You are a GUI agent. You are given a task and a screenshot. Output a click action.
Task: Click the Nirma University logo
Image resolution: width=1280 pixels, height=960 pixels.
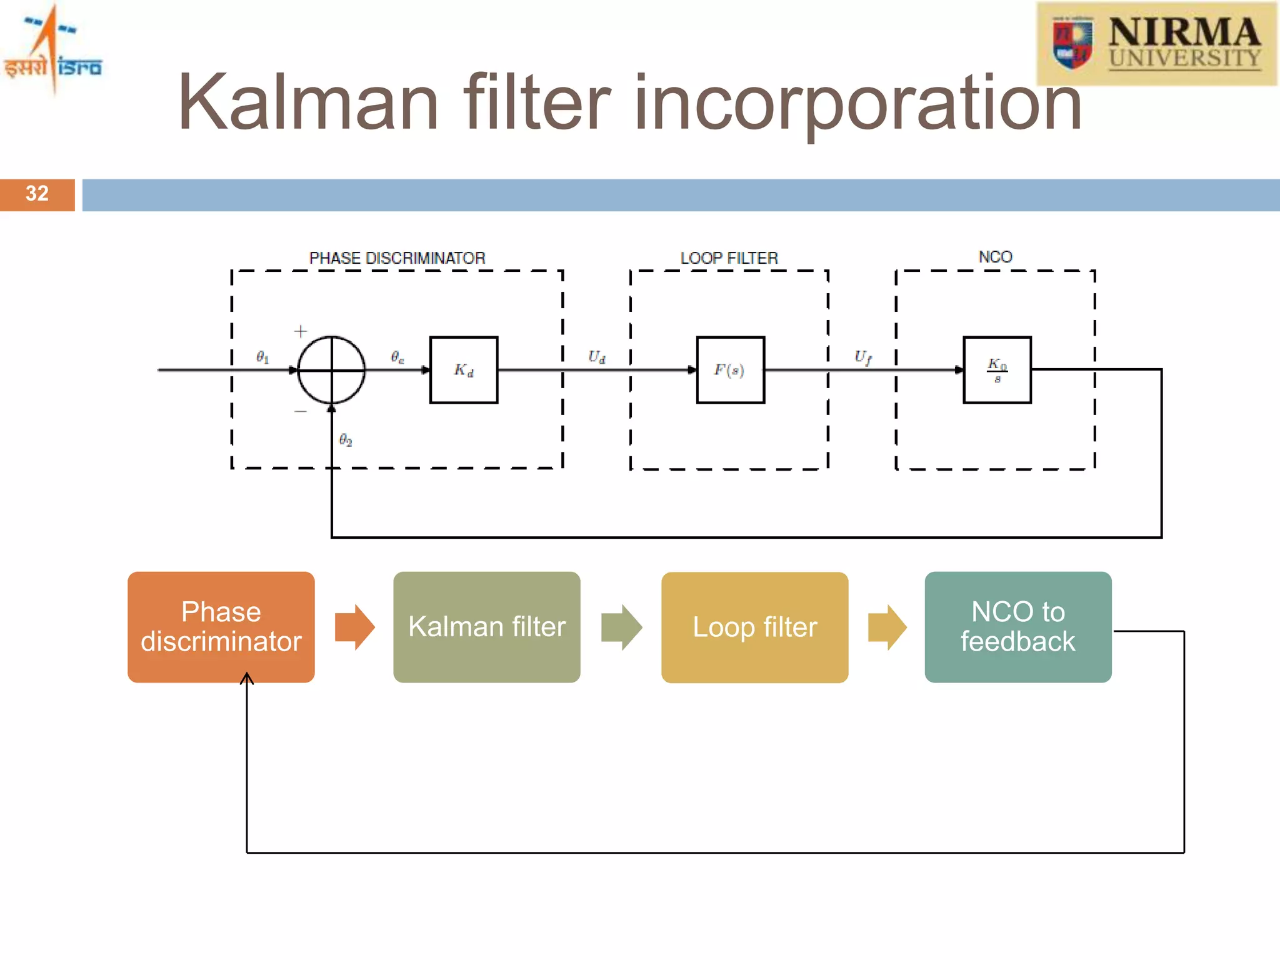coord(1156,44)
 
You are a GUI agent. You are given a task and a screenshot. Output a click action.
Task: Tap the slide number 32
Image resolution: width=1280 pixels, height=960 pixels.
coord(37,194)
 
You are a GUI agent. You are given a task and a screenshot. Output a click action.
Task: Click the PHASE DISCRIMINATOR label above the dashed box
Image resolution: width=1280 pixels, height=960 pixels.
coord(397,258)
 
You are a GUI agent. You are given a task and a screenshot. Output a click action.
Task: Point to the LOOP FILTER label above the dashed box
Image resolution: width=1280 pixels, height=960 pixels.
coord(729,258)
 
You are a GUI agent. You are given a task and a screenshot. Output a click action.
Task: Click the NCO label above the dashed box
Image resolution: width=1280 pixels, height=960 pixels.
coord(995,257)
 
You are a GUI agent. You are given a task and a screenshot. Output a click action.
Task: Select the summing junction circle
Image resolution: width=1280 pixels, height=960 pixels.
coord(331,370)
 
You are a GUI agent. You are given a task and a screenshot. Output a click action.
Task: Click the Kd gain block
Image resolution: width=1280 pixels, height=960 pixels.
coord(464,370)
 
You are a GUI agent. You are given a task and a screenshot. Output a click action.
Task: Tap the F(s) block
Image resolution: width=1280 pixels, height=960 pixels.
coord(730,370)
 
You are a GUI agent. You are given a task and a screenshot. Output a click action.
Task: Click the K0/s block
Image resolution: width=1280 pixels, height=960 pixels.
coord(997,370)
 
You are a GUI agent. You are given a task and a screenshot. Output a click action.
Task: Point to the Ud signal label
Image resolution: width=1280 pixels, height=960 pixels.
coord(596,357)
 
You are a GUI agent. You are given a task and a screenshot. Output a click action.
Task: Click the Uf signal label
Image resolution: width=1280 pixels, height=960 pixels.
coord(862,357)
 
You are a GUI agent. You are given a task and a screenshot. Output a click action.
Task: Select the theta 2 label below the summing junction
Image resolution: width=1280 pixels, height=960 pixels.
coord(346,440)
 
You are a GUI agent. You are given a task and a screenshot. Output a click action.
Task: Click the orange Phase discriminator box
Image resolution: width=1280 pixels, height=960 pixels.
coord(221,627)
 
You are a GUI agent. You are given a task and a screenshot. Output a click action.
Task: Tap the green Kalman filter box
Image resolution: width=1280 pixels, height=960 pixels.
coord(486,627)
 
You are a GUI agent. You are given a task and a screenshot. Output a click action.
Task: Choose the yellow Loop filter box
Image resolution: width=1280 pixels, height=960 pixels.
coord(754,627)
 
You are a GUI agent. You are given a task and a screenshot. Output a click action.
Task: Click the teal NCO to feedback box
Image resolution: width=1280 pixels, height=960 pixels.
coord(1017,627)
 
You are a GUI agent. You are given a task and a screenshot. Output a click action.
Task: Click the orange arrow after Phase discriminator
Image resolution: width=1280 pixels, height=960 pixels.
coord(354,627)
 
